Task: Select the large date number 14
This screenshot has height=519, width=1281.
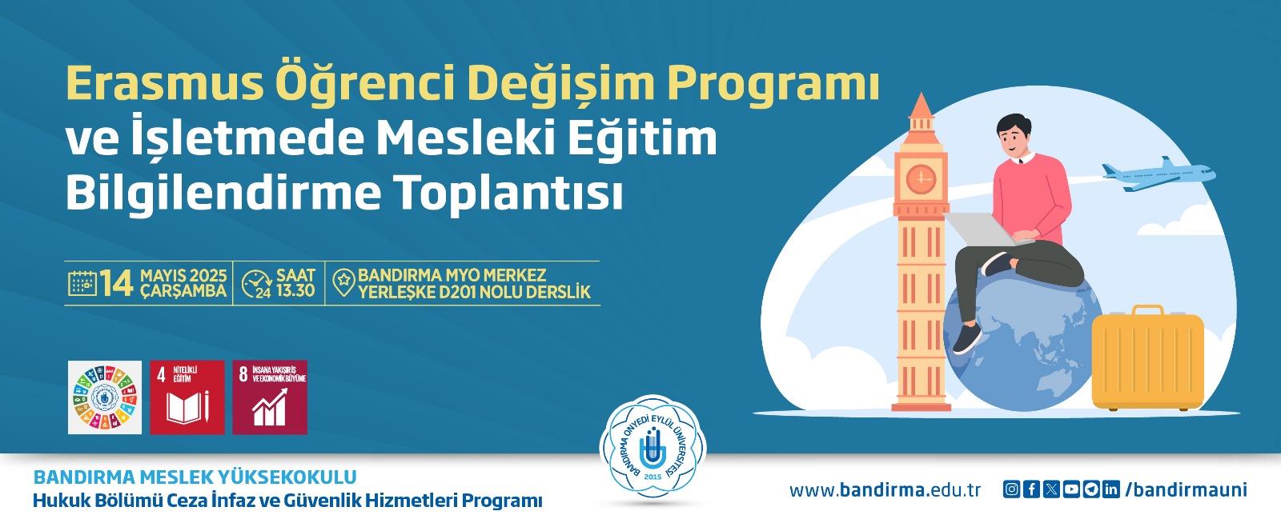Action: click(x=118, y=283)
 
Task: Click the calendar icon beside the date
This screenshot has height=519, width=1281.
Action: click(x=82, y=283)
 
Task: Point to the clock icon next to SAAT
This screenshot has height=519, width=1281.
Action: click(x=256, y=284)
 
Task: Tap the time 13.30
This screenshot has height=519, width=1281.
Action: click(x=295, y=290)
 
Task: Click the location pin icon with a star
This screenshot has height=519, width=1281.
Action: click(x=343, y=282)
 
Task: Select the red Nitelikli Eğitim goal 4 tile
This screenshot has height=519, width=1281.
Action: click(x=187, y=397)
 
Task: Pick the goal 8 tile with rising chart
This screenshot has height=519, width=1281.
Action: click(x=270, y=397)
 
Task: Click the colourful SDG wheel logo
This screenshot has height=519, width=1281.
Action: click(x=105, y=397)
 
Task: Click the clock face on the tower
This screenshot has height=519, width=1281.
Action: click(x=922, y=178)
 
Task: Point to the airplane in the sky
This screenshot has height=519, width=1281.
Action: click(x=1158, y=174)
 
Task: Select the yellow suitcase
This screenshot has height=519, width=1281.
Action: click(x=1148, y=358)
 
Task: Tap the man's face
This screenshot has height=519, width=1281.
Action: click(x=1014, y=138)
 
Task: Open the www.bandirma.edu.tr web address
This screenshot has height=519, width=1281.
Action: click(x=885, y=490)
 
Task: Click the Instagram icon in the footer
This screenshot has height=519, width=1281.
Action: click(x=1011, y=489)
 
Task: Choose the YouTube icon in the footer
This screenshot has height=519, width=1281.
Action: click(x=1071, y=489)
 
